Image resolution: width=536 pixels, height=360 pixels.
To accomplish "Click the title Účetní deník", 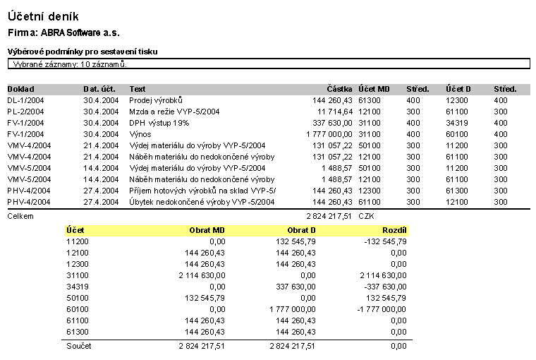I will pyautogui.click(x=44, y=16).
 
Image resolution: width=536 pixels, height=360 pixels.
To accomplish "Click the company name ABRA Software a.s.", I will pyautogui.click(x=80, y=32).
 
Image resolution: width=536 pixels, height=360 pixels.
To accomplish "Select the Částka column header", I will pyautogui.click(x=339, y=90).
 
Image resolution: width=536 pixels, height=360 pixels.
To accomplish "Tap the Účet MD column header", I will pyautogui.click(x=374, y=90).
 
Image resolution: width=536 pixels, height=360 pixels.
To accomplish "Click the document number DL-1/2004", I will pyautogui.click(x=27, y=100).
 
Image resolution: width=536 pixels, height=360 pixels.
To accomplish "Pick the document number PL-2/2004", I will pyautogui.click(x=27, y=112).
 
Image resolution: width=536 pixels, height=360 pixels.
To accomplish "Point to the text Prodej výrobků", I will pyautogui.click(x=156, y=100).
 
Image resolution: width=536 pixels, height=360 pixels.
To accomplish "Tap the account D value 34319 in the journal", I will pyautogui.click(x=456, y=123).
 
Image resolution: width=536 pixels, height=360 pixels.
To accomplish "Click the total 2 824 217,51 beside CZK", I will pyautogui.click(x=329, y=216).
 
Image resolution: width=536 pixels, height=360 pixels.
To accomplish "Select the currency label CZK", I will pyautogui.click(x=367, y=216).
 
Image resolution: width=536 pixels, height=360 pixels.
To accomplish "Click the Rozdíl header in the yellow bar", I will pyautogui.click(x=394, y=230).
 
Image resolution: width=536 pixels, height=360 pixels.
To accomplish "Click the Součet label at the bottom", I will pyautogui.click(x=78, y=346).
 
